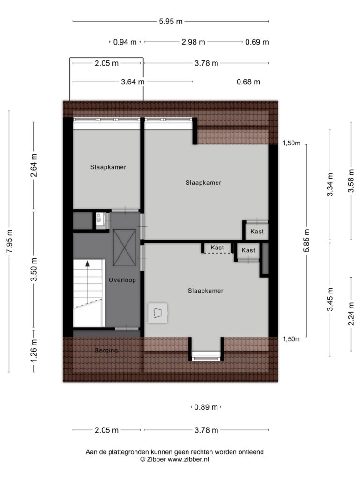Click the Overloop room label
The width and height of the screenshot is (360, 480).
pos(122,280)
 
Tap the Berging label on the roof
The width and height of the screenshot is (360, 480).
pos(106,350)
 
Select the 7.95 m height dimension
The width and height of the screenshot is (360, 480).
pos(9,241)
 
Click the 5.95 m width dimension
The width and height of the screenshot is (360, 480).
pos(171,22)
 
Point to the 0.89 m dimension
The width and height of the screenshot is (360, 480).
pos(206,407)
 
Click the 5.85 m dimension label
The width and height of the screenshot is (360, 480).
pos(307,240)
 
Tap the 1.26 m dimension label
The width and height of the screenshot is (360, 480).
pos(34,351)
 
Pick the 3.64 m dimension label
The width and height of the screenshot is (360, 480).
pos(133,82)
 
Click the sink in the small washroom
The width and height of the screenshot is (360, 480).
pos(99,218)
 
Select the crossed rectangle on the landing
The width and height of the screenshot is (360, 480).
pos(124,247)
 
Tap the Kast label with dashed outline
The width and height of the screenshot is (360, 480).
pos(217,247)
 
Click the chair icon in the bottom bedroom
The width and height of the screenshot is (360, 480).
pos(157,313)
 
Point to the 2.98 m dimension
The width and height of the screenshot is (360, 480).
pos(193,42)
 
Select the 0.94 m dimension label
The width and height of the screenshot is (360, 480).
pos(125,42)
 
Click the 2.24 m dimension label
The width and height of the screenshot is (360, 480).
pos(351,314)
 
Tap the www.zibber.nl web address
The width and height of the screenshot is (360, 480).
pos(188,459)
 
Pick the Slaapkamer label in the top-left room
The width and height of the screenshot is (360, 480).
pos(108,167)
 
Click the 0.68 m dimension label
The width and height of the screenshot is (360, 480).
pos(248,82)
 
